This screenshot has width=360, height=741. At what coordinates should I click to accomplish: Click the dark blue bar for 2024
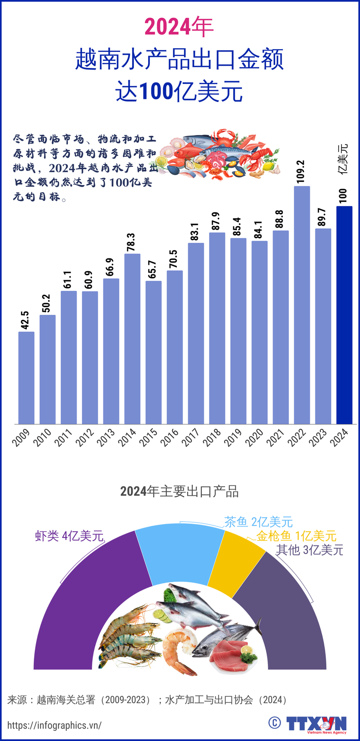coord(344,314)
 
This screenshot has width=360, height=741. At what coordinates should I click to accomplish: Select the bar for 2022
coord(302,305)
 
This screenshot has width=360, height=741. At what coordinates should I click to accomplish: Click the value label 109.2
coord(300,172)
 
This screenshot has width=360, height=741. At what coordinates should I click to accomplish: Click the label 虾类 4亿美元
coord(69,536)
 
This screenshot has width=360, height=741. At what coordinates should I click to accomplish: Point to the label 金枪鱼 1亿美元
coord(296,536)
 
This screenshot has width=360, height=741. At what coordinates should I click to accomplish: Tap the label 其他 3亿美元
coord(309,550)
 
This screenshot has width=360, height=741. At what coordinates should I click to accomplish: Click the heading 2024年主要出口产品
coord(180,491)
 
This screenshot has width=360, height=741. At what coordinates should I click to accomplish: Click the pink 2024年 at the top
coord(179,27)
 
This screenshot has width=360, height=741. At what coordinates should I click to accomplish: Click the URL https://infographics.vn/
coord(54,725)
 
